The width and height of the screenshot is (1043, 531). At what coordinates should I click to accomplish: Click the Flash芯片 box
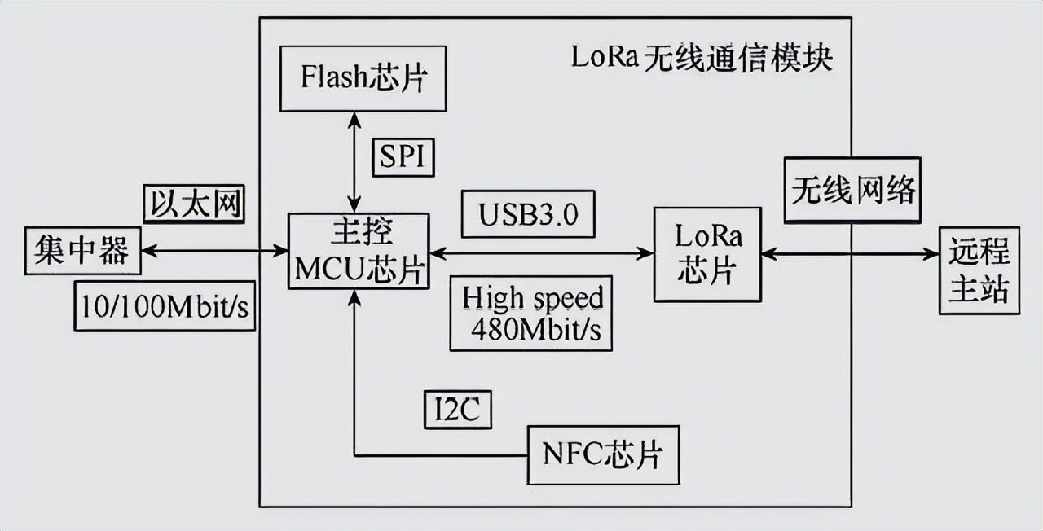[363, 78]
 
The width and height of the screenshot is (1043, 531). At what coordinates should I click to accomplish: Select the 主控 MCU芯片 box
[359, 251]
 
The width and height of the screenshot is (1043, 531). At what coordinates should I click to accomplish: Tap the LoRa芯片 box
[707, 254]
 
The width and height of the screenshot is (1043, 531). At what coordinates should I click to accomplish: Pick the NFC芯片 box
[603, 454]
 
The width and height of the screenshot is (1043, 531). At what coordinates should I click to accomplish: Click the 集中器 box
[82, 251]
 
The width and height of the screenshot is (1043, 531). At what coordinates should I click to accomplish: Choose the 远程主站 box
[979, 270]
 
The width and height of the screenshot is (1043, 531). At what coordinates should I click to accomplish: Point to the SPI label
[403, 156]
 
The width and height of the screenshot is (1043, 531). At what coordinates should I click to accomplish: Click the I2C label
[458, 410]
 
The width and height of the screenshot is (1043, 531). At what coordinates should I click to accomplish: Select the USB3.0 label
[527, 214]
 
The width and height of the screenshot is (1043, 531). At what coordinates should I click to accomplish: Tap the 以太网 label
[194, 203]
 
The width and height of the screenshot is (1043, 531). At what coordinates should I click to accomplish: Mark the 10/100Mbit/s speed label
[165, 306]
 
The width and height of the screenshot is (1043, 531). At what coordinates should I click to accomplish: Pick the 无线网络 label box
[852, 191]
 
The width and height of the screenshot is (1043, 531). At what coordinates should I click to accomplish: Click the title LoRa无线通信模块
[702, 59]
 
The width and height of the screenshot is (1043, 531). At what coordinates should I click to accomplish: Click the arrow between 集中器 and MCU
[214, 252]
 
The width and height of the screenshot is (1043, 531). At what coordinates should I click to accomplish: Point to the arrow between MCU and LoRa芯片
[542, 253]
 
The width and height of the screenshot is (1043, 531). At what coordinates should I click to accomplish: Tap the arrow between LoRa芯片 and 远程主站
[850, 254]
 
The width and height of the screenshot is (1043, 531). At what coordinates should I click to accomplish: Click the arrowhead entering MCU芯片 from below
[354, 297]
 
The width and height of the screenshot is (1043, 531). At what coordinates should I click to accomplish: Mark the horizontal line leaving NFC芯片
[440, 454]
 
